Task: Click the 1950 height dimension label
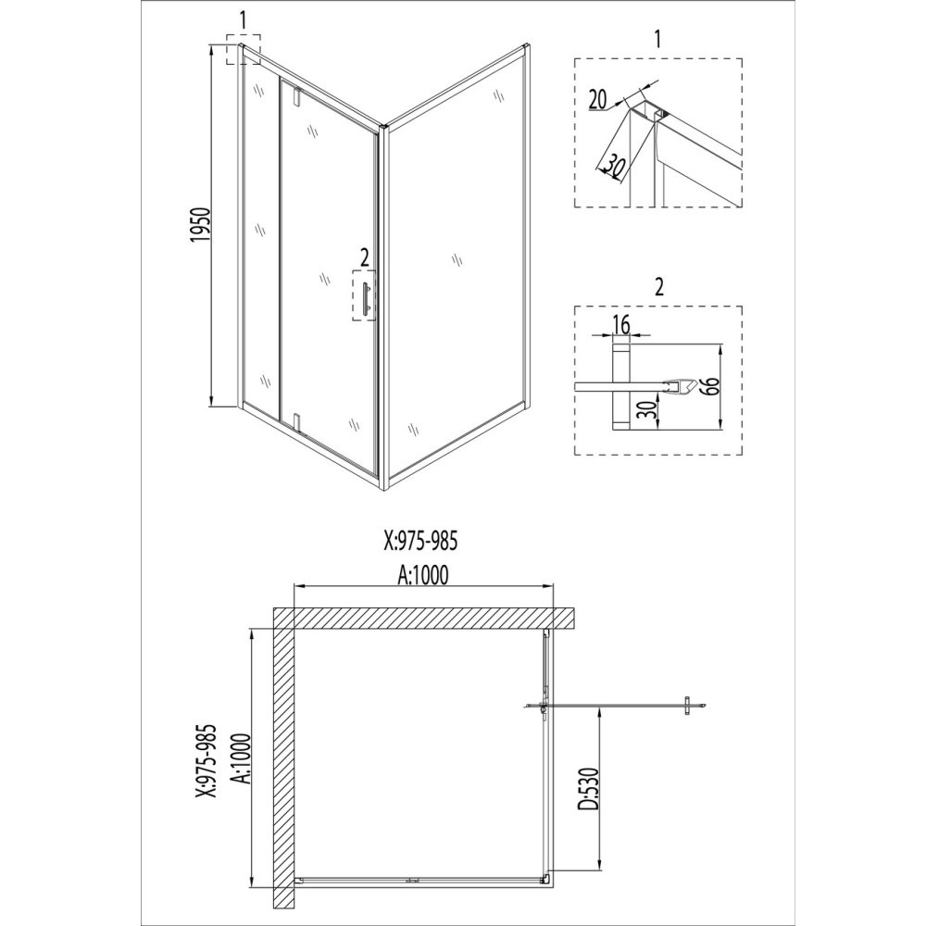201,225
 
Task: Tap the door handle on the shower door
367,297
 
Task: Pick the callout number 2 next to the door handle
364,257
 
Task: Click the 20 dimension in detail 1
597,99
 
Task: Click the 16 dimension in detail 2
621,324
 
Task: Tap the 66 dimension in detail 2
710,386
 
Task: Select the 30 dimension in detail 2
649,410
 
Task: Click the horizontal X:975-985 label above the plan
420,541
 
